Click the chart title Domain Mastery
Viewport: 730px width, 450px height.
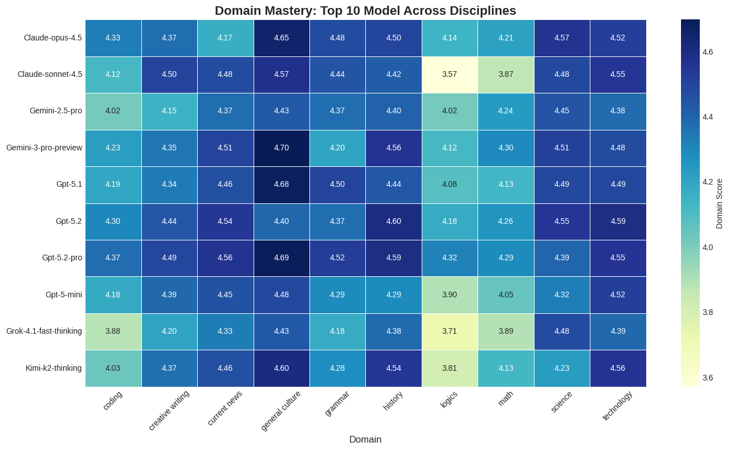pos(365,10)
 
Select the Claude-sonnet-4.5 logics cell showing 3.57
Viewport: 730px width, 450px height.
pos(450,75)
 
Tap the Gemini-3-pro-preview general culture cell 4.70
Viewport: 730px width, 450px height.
pos(282,148)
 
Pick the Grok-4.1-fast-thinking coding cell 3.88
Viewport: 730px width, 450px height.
pos(113,332)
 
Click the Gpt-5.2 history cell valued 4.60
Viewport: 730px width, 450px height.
pos(394,222)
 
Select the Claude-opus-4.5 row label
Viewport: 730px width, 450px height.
pos(53,38)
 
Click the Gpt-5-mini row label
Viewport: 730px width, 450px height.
pos(64,295)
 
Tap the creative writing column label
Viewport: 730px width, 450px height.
pos(169,410)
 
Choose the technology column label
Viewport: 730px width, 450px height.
pos(617,406)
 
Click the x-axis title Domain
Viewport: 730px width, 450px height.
pos(365,440)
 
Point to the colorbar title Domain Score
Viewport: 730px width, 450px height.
pos(720,203)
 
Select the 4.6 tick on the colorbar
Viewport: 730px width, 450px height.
pos(708,52)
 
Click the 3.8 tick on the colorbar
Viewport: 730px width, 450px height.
pos(708,312)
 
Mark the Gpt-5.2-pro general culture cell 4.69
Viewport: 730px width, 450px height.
pos(282,258)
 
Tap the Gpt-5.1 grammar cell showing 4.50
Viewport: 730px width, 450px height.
pos(338,185)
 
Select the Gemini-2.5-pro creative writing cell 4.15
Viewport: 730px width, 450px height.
pos(169,112)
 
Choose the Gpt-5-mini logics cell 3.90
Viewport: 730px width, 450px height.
pos(450,295)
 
